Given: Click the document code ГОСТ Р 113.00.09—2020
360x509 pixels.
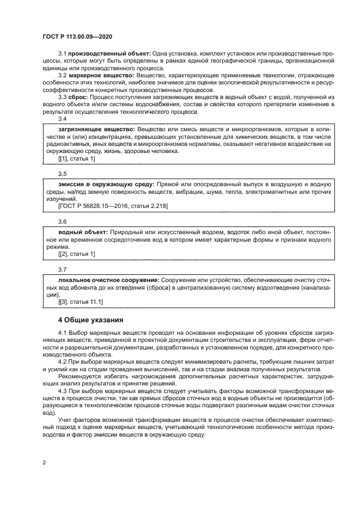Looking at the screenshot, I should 77,36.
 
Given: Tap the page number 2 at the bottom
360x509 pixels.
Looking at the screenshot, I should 44,462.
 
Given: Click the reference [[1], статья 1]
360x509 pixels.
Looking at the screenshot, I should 76,158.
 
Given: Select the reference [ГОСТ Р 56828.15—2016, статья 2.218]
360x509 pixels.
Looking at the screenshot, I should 113,206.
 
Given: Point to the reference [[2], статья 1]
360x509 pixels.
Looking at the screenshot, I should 76,254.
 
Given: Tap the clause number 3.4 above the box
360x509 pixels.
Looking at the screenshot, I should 62,119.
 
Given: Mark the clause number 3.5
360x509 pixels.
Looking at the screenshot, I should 62,174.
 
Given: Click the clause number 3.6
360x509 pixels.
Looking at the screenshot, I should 62,222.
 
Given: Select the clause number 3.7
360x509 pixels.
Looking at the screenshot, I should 62,269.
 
